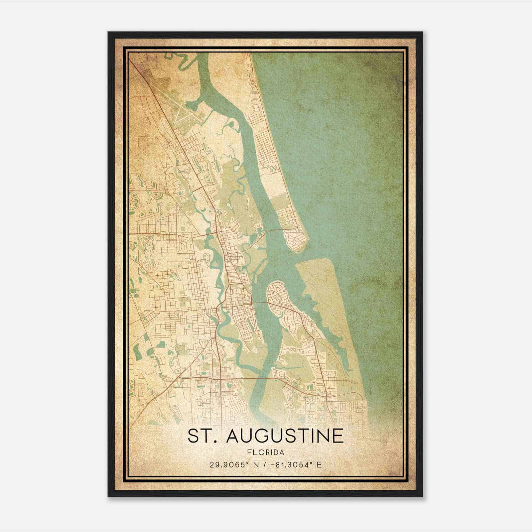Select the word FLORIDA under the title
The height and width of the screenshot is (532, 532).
click(x=265, y=453)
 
